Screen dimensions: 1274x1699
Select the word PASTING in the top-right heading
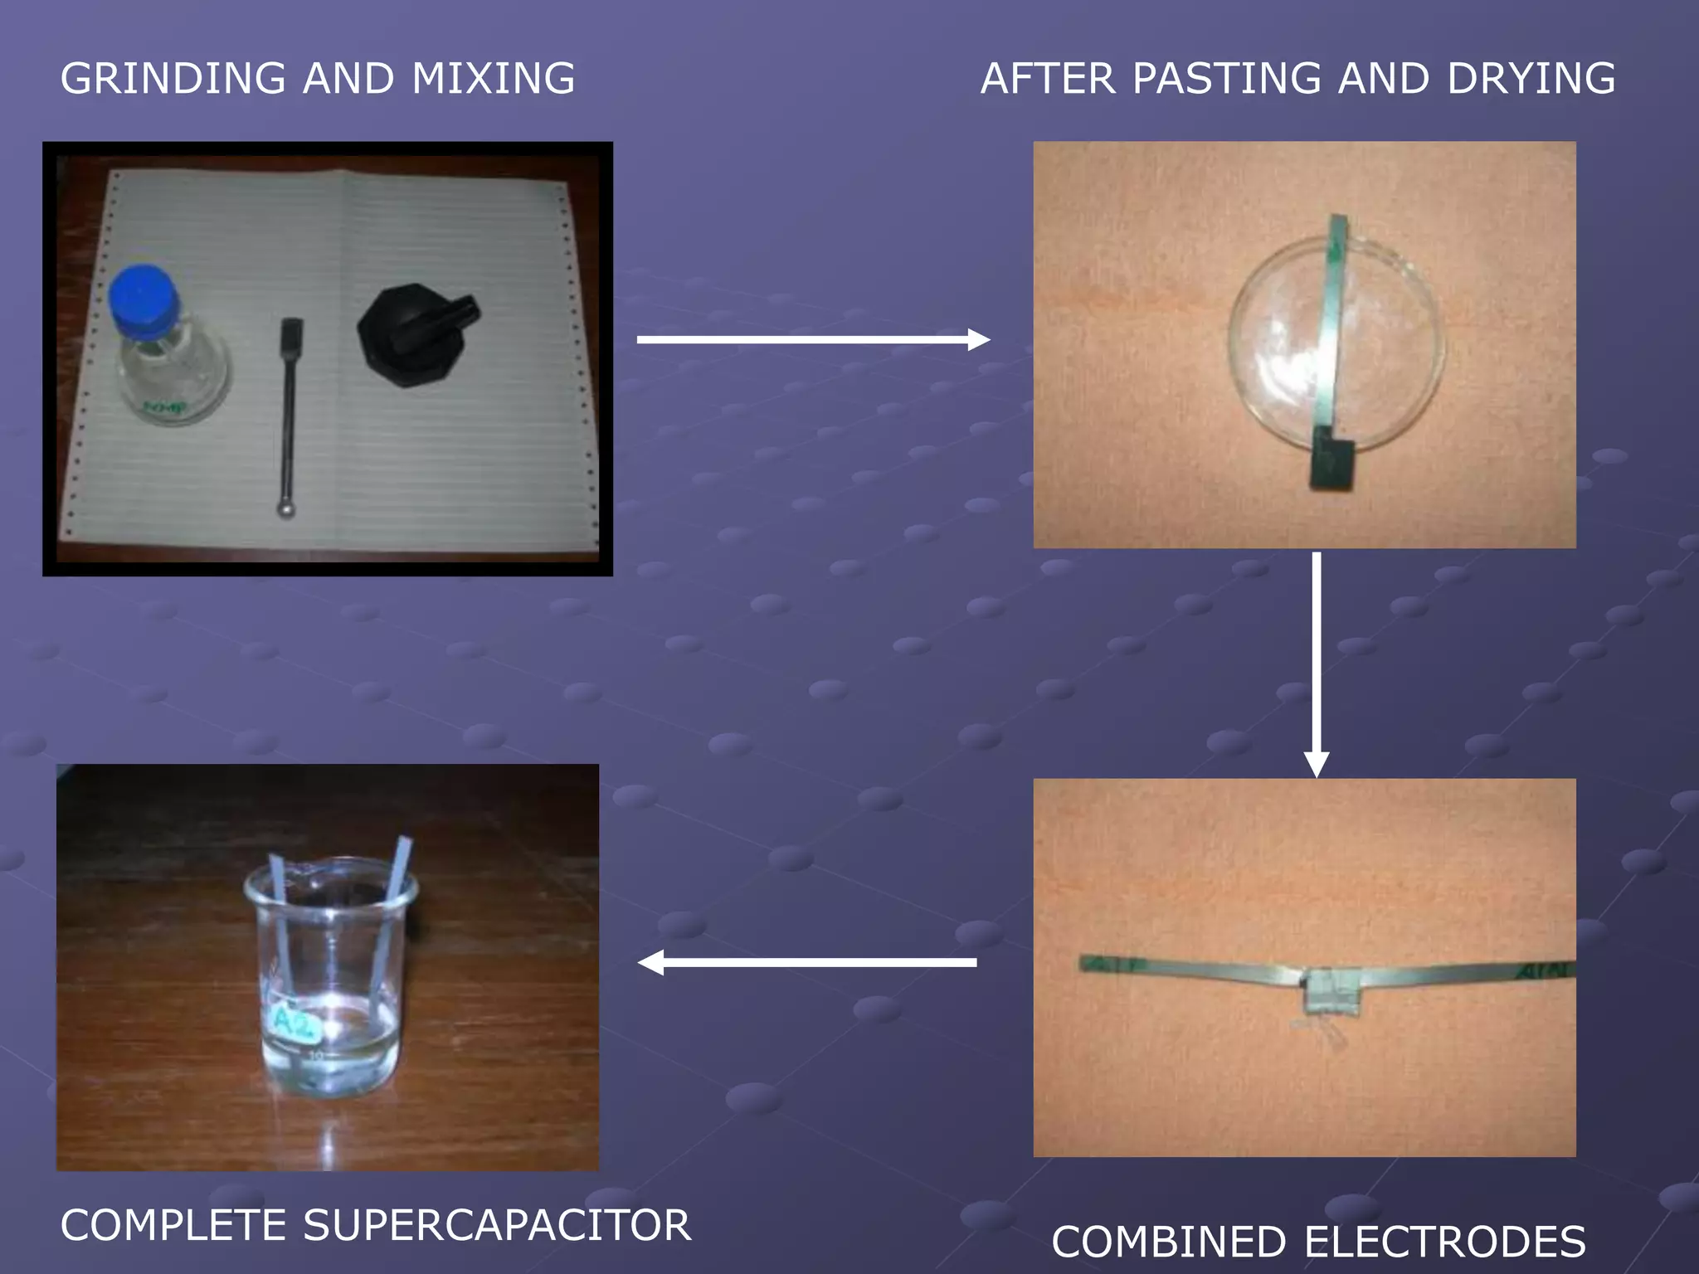[1226, 79]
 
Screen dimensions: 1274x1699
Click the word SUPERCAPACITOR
[497, 1225]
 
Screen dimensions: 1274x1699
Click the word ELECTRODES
[1444, 1242]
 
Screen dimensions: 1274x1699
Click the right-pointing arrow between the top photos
[813, 339]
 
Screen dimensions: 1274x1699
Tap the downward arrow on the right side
[1317, 664]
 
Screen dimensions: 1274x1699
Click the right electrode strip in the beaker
[392, 912]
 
